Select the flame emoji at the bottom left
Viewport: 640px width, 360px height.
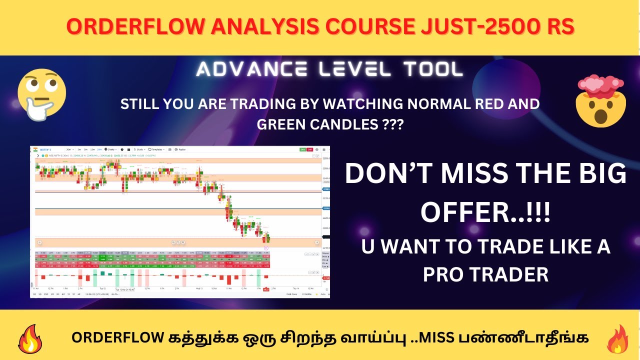(31, 339)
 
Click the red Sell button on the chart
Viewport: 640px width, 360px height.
(310, 149)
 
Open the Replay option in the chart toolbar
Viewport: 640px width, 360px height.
(180, 149)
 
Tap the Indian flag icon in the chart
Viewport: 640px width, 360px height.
(35, 149)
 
